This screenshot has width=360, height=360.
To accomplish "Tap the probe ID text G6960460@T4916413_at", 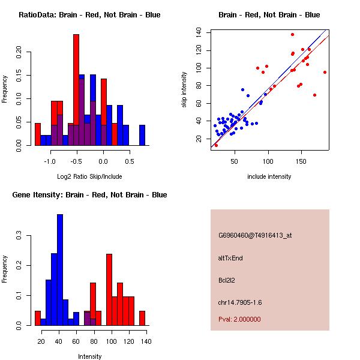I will pos(255,236).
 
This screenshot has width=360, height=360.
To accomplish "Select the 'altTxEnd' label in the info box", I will pos(230,258).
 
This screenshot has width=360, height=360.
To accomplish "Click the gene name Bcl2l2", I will pos(226,280).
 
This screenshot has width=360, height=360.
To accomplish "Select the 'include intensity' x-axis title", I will pos(269,176).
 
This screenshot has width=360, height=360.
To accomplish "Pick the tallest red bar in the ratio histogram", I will pos(76,90).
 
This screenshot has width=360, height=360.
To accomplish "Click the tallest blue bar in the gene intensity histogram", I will pos(59,270).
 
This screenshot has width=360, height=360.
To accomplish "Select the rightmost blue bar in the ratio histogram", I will pos(142,135).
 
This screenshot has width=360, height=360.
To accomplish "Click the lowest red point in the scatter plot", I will pos(216,145).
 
